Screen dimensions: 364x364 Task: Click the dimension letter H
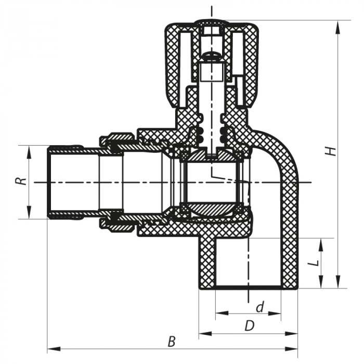click(329, 151)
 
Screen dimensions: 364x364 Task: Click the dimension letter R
click(19, 182)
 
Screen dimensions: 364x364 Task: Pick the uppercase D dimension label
click(250, 326)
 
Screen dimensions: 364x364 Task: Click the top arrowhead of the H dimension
click(339, 23)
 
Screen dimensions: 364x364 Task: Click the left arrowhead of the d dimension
click(218, 314)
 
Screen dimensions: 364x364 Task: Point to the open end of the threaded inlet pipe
click(49, 182)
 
